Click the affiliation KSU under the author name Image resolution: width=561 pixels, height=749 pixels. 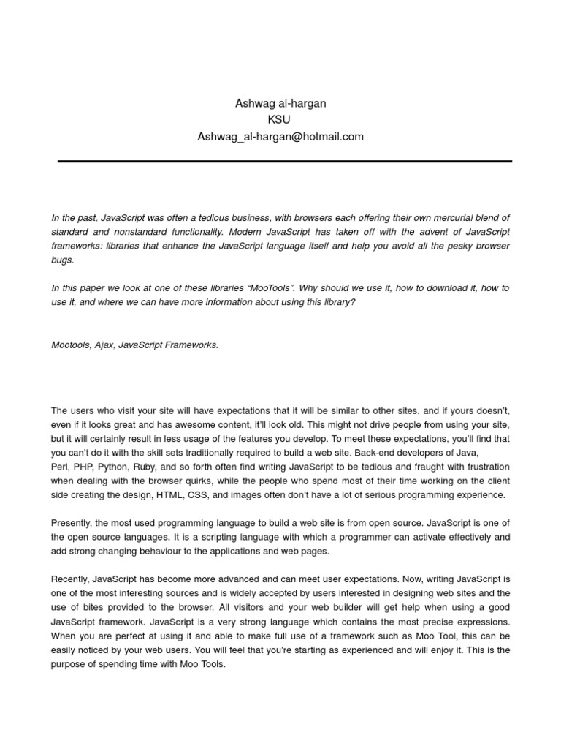point(280,120)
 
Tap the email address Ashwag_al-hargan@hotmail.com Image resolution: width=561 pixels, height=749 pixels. point(280,137)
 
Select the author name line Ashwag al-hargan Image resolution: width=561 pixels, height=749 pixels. point(280,104)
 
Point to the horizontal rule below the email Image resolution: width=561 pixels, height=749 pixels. point(285,161)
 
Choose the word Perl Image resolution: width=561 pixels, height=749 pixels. point(61,467)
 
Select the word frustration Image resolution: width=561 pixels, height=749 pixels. point(485,467)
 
